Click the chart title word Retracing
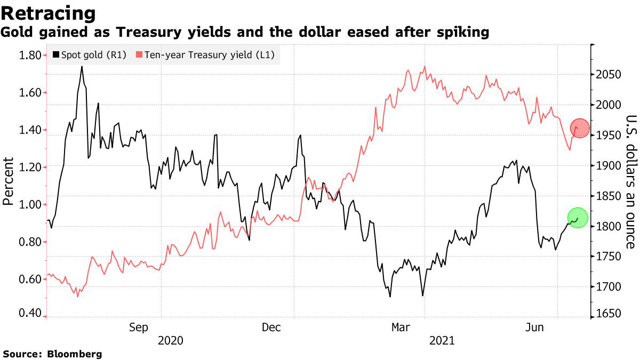pos(49,13)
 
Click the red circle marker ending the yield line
pos(580,128)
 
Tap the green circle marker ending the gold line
pos(578,218)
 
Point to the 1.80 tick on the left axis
pos(29,55)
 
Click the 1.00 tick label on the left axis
pos(29,205)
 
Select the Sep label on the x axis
pos(139,327)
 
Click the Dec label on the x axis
pos(271,327)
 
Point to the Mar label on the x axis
pos(401,327)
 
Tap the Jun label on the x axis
pos(534,327)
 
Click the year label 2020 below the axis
pos(171,340)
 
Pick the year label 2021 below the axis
pos(442,340)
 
